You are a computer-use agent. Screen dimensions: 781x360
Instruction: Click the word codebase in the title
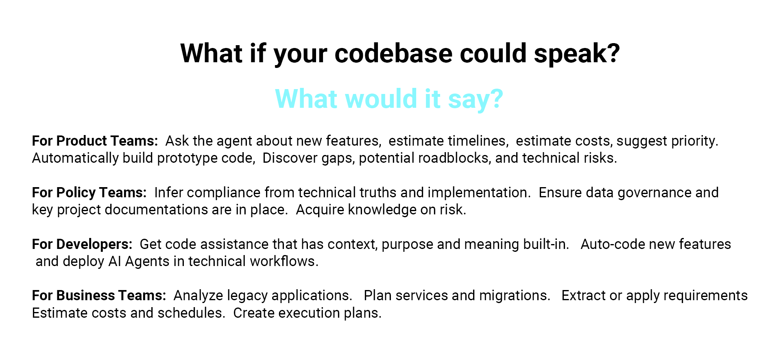click(393, 53)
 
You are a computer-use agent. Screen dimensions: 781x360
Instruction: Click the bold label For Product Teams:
click(95, 141)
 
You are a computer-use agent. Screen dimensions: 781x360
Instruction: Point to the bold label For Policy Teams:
click(89, 192)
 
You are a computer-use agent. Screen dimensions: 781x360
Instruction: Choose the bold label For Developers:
click(82, 244)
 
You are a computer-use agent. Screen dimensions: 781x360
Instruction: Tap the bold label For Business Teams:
click(99, 295)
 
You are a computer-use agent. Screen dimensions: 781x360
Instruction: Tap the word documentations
click(156, 209)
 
